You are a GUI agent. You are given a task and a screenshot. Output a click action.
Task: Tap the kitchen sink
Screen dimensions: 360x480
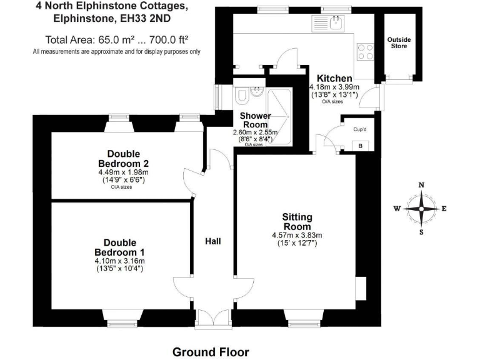(336, 24)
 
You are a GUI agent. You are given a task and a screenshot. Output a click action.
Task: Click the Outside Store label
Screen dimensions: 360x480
(399, 42)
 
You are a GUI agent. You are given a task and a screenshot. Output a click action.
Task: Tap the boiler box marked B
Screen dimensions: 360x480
(359, 146)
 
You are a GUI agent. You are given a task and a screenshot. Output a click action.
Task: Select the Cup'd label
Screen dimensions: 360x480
(359, 130)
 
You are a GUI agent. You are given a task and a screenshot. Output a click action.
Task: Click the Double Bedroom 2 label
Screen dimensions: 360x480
(123, 159)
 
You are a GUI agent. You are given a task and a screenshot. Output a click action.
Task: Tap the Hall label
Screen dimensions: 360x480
(214, 241)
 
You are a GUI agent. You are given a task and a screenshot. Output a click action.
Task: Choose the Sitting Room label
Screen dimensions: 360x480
(297, 221)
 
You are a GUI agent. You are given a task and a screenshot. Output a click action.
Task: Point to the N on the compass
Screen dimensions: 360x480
(421, 185)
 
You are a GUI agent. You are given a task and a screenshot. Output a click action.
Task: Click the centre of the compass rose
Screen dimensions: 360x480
(421, 209)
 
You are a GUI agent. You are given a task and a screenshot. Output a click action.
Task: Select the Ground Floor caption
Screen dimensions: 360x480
(211, 352)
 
